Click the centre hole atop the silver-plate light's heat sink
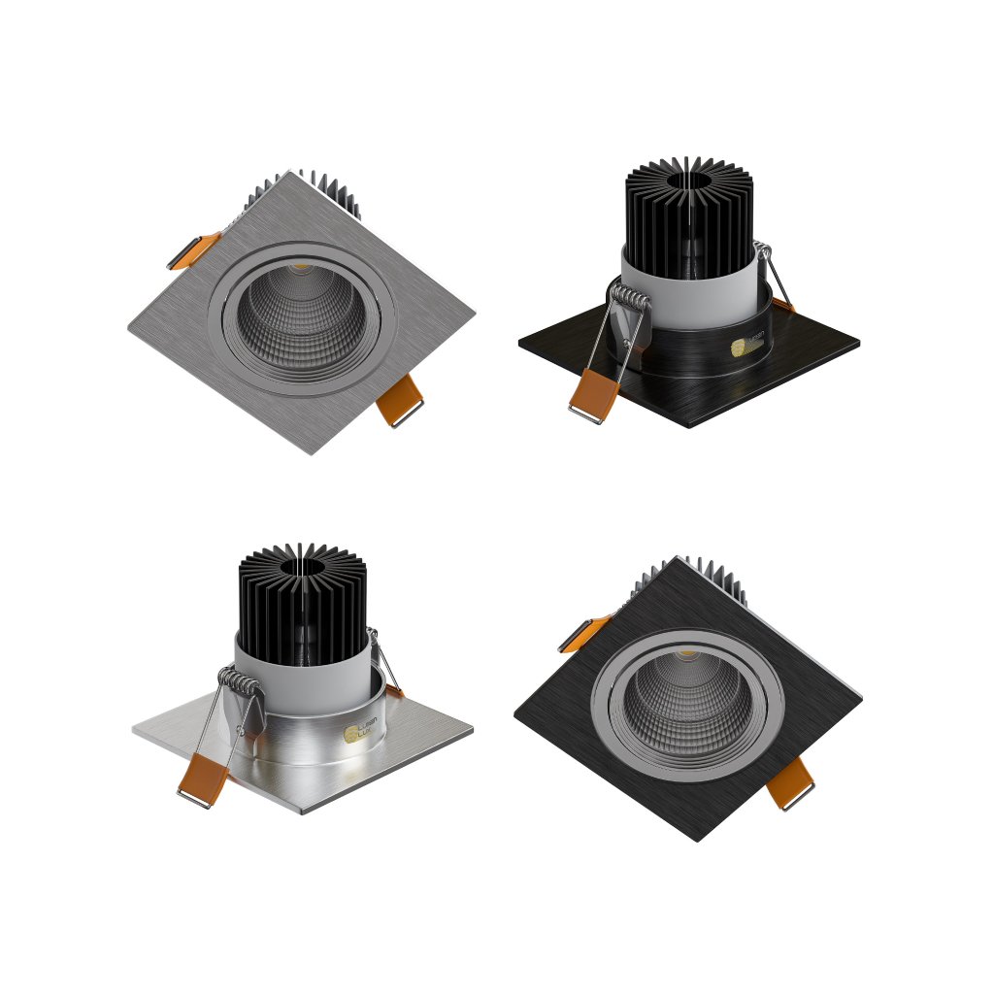303,564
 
